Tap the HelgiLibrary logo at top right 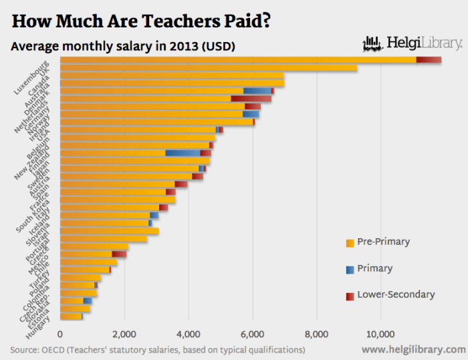click(x=411, y=44)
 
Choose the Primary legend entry click(x=374, y=268)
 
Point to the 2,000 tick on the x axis click(x=124, y=334)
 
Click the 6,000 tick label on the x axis click(x=253, y=334)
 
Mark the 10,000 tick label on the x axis click(x=381, y=334)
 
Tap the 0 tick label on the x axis click(x=60, y=334)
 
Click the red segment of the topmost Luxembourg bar click(x=429, y=60)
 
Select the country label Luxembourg click(x=32, y=78)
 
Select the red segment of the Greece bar click(x=119, y=254)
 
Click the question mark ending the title click(x=266, y=21)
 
